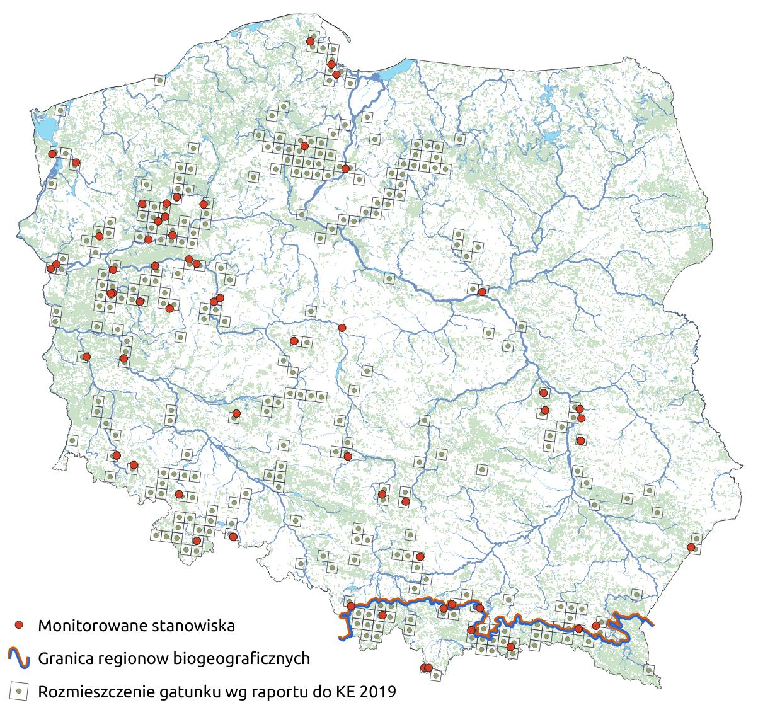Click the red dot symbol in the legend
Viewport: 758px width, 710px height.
click(20, 625)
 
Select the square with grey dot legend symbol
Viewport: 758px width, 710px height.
click(20, 691)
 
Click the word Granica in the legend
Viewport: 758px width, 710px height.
click(66, 659)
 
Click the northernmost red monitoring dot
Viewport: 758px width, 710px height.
click(310, 42)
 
